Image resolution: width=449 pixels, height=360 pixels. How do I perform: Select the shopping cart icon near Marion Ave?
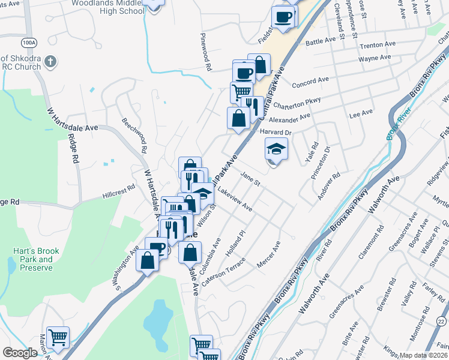point(58,337)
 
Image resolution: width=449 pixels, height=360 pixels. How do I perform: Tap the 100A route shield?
point(28,43)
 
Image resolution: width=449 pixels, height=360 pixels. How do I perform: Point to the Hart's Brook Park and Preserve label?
point(33,255)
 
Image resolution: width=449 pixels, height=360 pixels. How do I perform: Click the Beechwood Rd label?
point(134,136)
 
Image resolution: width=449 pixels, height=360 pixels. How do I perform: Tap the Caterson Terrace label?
point(224,271)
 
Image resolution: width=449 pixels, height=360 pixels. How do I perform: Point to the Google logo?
point(20,353)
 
